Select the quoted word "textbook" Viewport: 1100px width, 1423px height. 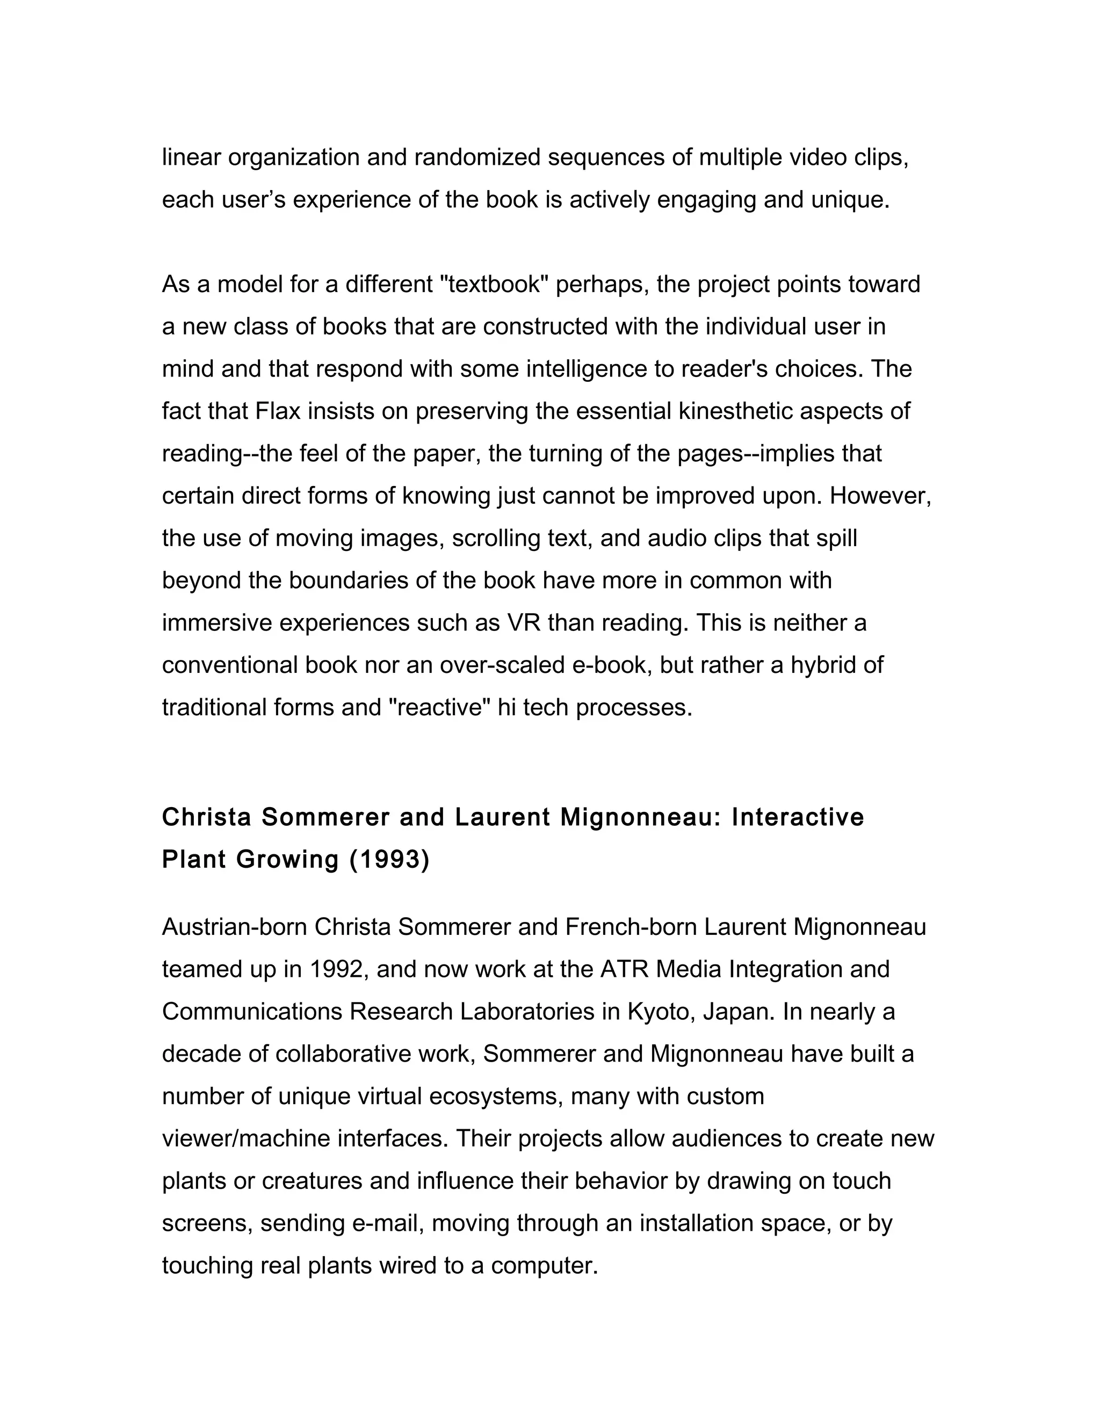495,285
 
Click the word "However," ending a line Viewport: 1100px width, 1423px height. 880,497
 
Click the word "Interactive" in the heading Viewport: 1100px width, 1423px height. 798,818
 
